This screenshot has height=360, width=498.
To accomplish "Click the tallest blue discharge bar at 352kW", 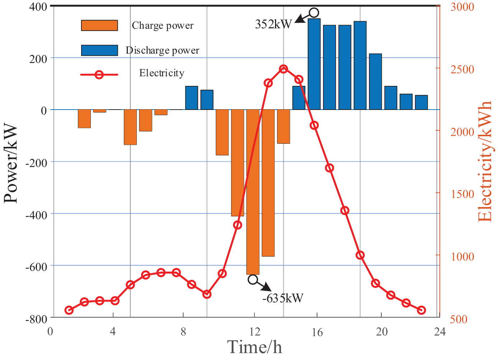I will (x=314, y=64).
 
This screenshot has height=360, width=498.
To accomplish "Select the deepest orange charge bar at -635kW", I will (x=253, y=192).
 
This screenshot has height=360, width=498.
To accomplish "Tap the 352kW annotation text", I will (x=274, y=24).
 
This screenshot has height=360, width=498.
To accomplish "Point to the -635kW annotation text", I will (x=283, y=298).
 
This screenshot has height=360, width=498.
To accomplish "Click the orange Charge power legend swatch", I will (x=99, y=26).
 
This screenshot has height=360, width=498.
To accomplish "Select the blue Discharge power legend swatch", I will (x=99, y=50).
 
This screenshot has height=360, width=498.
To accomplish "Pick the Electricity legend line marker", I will (x=99, y=75).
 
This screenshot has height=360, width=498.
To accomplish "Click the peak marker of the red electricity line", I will (x=283, y=69).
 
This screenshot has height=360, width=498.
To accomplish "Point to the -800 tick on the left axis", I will (x=36, y=319).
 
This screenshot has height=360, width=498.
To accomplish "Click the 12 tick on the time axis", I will (x=255, y=331).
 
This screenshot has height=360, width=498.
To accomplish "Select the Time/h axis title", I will (x=255, y=347).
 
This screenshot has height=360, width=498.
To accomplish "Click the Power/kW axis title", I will (x=11, y=163).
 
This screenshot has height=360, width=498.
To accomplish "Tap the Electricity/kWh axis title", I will (x=485, y=162).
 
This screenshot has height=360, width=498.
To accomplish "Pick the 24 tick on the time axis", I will (x=439, y=331).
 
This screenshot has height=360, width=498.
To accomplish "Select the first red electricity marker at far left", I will (x=69, y=310).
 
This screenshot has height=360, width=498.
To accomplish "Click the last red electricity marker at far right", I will (x=422, y=310).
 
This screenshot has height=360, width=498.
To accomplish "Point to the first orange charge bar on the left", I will (x=84, y=119).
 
